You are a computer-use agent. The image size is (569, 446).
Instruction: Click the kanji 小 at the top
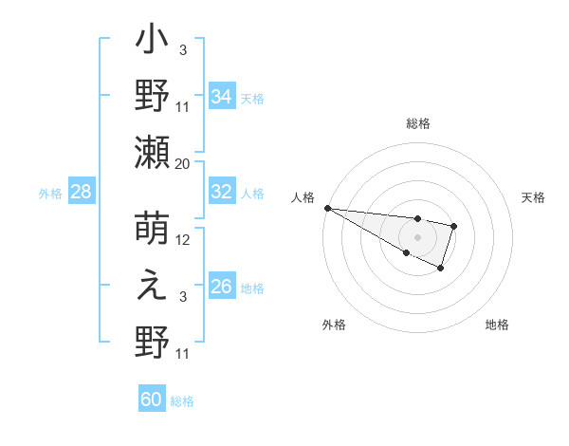coord(152,44)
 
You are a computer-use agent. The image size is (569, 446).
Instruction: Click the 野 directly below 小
coord(152,96)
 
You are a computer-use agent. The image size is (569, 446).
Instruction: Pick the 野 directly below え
coord(152,342)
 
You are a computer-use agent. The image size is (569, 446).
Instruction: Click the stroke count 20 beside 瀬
coord(183,164)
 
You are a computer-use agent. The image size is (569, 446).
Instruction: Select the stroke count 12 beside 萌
coord(184,240)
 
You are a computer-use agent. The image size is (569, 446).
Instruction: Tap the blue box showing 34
coord(221,96)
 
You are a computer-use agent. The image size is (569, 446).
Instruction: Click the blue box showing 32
coord(221,191)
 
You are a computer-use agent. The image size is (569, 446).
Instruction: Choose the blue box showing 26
coord(221,286)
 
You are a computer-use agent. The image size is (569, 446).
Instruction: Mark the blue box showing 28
coord(81,192)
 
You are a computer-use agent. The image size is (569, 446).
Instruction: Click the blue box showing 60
coord(152,400)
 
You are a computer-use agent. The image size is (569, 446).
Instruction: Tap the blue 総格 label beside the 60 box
coord(182,401)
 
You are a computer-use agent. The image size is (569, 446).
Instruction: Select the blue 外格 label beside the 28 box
coord(50,194)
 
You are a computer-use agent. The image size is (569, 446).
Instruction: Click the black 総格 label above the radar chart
coord(418,123)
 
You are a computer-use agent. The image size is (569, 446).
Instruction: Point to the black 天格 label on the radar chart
coord(534,197)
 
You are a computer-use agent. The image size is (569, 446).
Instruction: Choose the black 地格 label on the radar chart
coord(497,325)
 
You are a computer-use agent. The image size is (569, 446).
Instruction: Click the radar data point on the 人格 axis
coord(327,208)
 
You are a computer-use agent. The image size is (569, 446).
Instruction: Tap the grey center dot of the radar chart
coord(418,236)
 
